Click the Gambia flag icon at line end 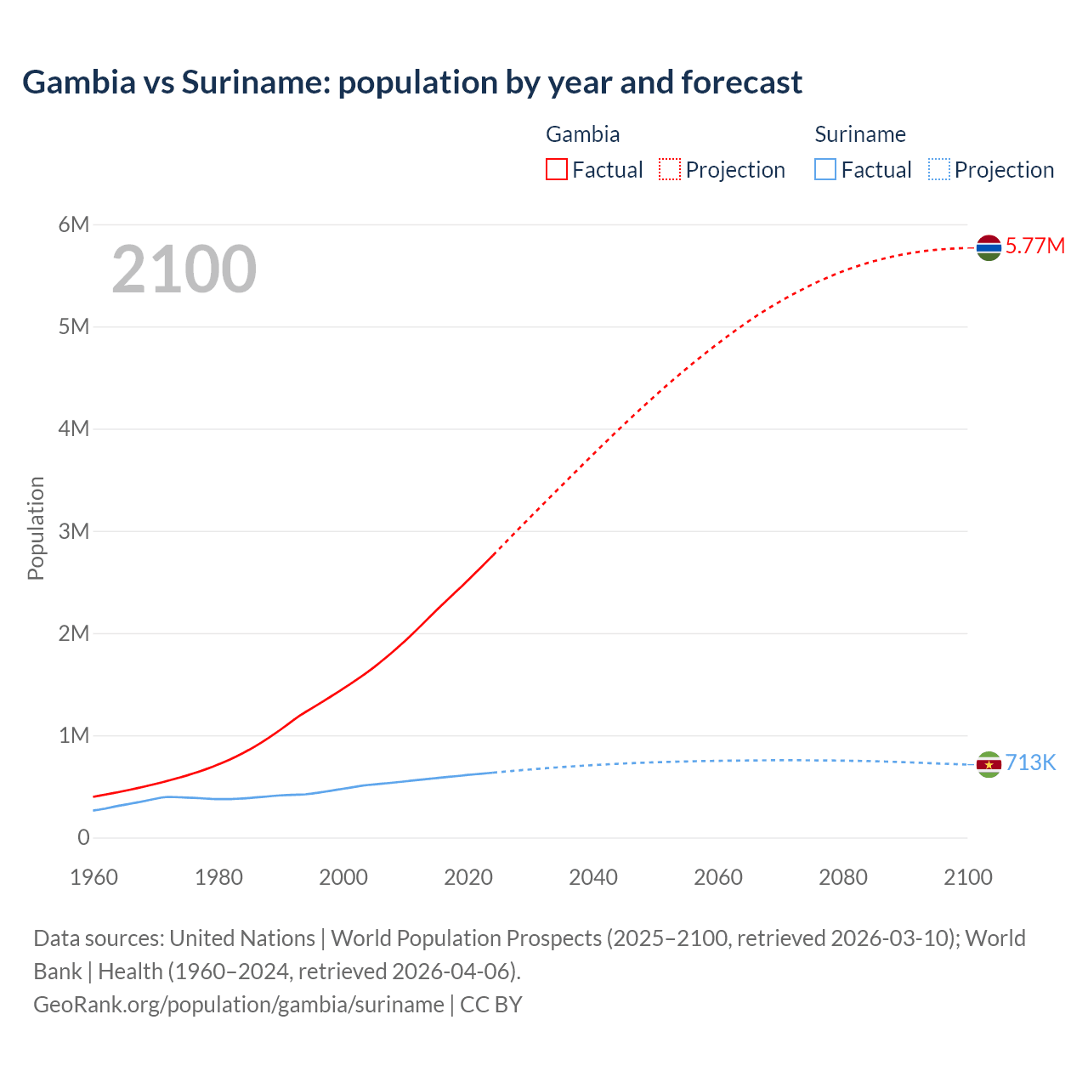[x=989, y=247]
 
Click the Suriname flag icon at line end [x=989, y=765]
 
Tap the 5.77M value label [x=1034, y=246]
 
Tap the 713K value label [x=1030, y=763]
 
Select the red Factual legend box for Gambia [x=557, y=170]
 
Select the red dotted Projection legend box [x=670, y=170]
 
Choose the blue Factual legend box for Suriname [x=825, y=170]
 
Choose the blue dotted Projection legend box [x=939, y=170]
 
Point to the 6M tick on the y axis [x=74, y=224]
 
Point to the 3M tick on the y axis [x=74, y=531]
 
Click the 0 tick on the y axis [x=83, y=838]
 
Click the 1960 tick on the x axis [x=93, y=877]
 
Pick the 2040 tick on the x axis [x=593, y=877]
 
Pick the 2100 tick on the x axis [x=967, y=877]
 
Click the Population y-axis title [x=36, y=528]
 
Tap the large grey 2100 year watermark [x=184, y=269]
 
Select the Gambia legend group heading [x=582, y=134]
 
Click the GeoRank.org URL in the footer [x=239, y=1005]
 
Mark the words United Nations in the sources [x=242, y=938]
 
